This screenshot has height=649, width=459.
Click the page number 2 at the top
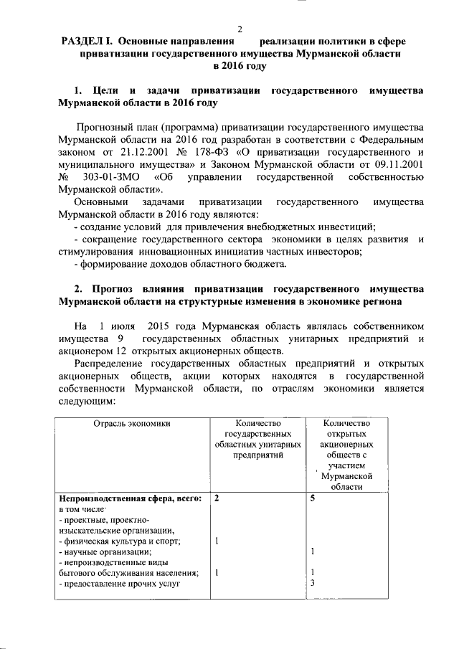240,29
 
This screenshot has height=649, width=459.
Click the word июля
125,326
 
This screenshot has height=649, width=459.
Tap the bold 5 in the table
313,498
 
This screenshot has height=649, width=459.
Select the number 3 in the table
313,582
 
